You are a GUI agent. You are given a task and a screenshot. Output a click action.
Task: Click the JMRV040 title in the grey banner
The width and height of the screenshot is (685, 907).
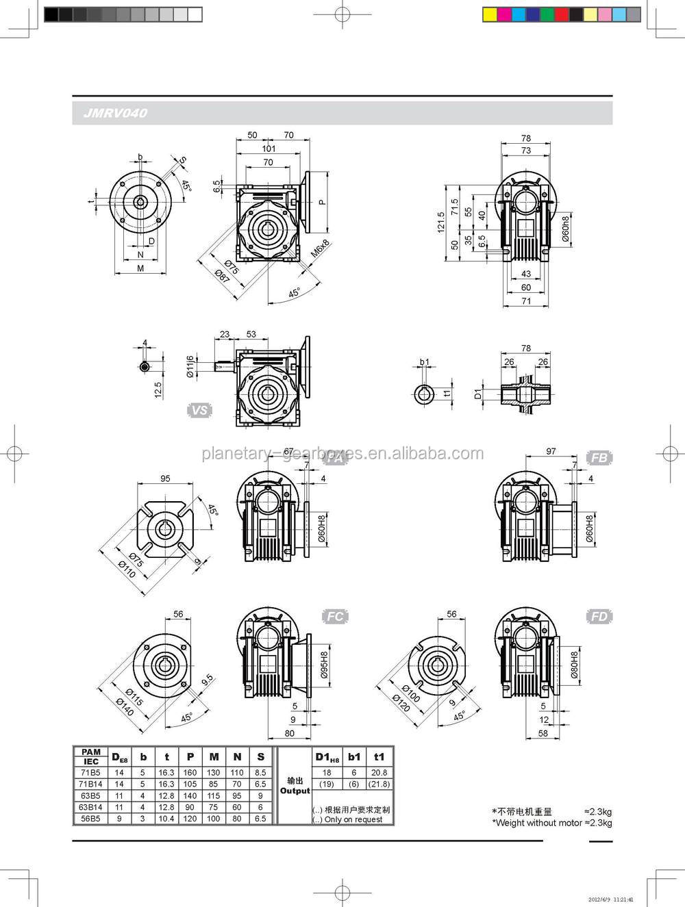116,114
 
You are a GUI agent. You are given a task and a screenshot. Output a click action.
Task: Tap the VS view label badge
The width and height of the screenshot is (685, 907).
199,411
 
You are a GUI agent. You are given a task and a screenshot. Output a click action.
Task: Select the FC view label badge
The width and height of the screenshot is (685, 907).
335,617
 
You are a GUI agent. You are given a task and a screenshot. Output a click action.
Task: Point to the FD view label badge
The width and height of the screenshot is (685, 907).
599,617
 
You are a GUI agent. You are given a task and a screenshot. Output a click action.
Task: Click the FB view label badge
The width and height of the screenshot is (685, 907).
599,457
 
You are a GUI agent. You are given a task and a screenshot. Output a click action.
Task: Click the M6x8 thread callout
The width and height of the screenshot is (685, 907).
320,248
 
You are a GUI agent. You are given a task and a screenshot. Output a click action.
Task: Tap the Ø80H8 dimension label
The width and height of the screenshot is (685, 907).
575,664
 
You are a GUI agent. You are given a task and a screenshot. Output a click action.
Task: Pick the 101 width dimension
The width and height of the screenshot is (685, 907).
269,149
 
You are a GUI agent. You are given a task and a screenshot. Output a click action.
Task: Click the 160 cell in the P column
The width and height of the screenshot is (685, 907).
190,772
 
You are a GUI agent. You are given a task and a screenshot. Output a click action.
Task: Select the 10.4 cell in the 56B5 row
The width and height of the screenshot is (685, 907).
166,819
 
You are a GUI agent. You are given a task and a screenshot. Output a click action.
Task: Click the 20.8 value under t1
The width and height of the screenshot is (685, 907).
379,772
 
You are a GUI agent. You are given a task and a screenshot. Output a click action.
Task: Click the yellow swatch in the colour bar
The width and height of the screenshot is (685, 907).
489,13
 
